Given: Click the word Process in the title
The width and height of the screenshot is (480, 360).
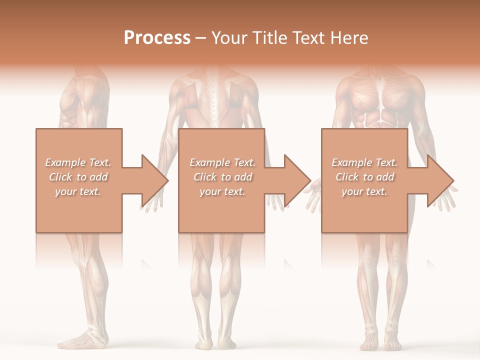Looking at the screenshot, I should click(x=157, y=38).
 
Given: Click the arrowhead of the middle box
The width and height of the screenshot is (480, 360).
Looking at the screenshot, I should click(x=296, y=180).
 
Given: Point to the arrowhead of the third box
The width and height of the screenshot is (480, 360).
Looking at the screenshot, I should click(x=439, y=180).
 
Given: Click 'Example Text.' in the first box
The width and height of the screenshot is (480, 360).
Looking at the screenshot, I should click(x=78, y=162).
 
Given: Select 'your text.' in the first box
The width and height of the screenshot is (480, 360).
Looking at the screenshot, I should click(x=78, y=191).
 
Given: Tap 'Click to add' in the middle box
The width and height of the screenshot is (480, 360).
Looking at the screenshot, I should click(x=222, y=177).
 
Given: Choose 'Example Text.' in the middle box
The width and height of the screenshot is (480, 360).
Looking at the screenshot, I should click(x=222, y=162).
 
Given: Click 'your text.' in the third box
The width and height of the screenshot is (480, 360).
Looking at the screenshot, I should click(x=364, y=191).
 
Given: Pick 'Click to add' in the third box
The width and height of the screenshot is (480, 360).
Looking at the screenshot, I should click(x=364, y=177).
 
